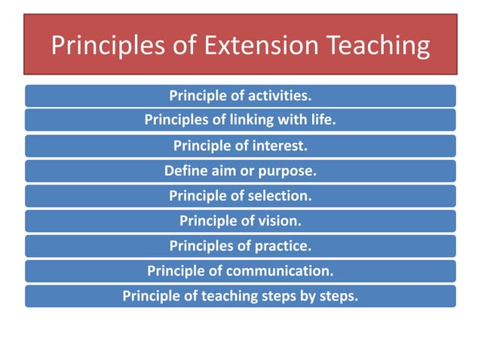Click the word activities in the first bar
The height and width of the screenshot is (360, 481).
[x=273, y=96]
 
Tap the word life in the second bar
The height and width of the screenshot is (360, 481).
[x=321, y=121]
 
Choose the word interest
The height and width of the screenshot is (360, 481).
[x=276, y=145]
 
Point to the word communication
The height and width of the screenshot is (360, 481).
[x=283, y=270]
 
